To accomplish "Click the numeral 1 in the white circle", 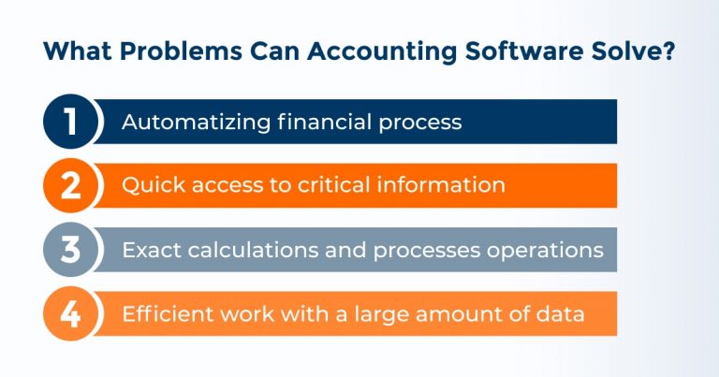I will tap(70, 123).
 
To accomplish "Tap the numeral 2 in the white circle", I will tap(70, 186).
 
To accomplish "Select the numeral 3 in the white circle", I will tap(70, 250).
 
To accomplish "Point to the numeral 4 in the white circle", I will tap(70, 314).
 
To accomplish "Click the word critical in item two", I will tap(343, 185).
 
